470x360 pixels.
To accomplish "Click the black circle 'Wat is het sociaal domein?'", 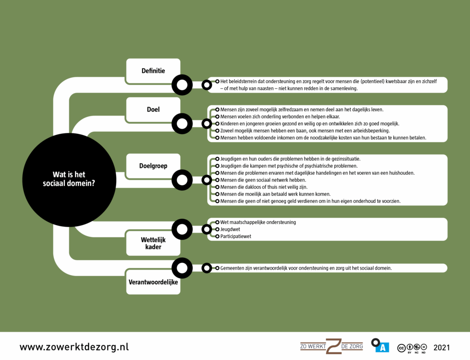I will (x=69, y=180).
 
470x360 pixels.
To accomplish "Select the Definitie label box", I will (x=153, y=71).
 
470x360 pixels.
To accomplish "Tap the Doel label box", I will (x=153, y=110).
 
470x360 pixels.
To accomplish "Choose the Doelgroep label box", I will (x=153, y=166).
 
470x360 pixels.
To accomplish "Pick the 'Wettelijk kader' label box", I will (x=153, y=243).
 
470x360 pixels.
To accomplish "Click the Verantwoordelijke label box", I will (x=153, y=282).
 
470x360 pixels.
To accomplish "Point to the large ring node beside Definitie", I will (x=182, y=85).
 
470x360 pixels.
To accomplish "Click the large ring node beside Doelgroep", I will (x=182, y=180).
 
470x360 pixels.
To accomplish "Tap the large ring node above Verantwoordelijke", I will (x=182, y=268).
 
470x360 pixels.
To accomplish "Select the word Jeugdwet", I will (x=230, y=229).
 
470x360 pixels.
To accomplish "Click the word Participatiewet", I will (x=236, y=237).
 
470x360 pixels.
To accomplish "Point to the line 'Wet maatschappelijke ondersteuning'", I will (x=258, y=222).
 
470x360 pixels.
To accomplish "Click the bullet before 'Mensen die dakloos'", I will (x=217, y=187).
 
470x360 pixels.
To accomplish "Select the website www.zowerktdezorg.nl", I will (x=74, y=347).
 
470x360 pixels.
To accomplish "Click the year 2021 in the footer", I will (x=441, y=347).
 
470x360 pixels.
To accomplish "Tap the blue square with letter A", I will (x=382, y=348).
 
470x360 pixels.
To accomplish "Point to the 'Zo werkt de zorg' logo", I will (x=331, y=346).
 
